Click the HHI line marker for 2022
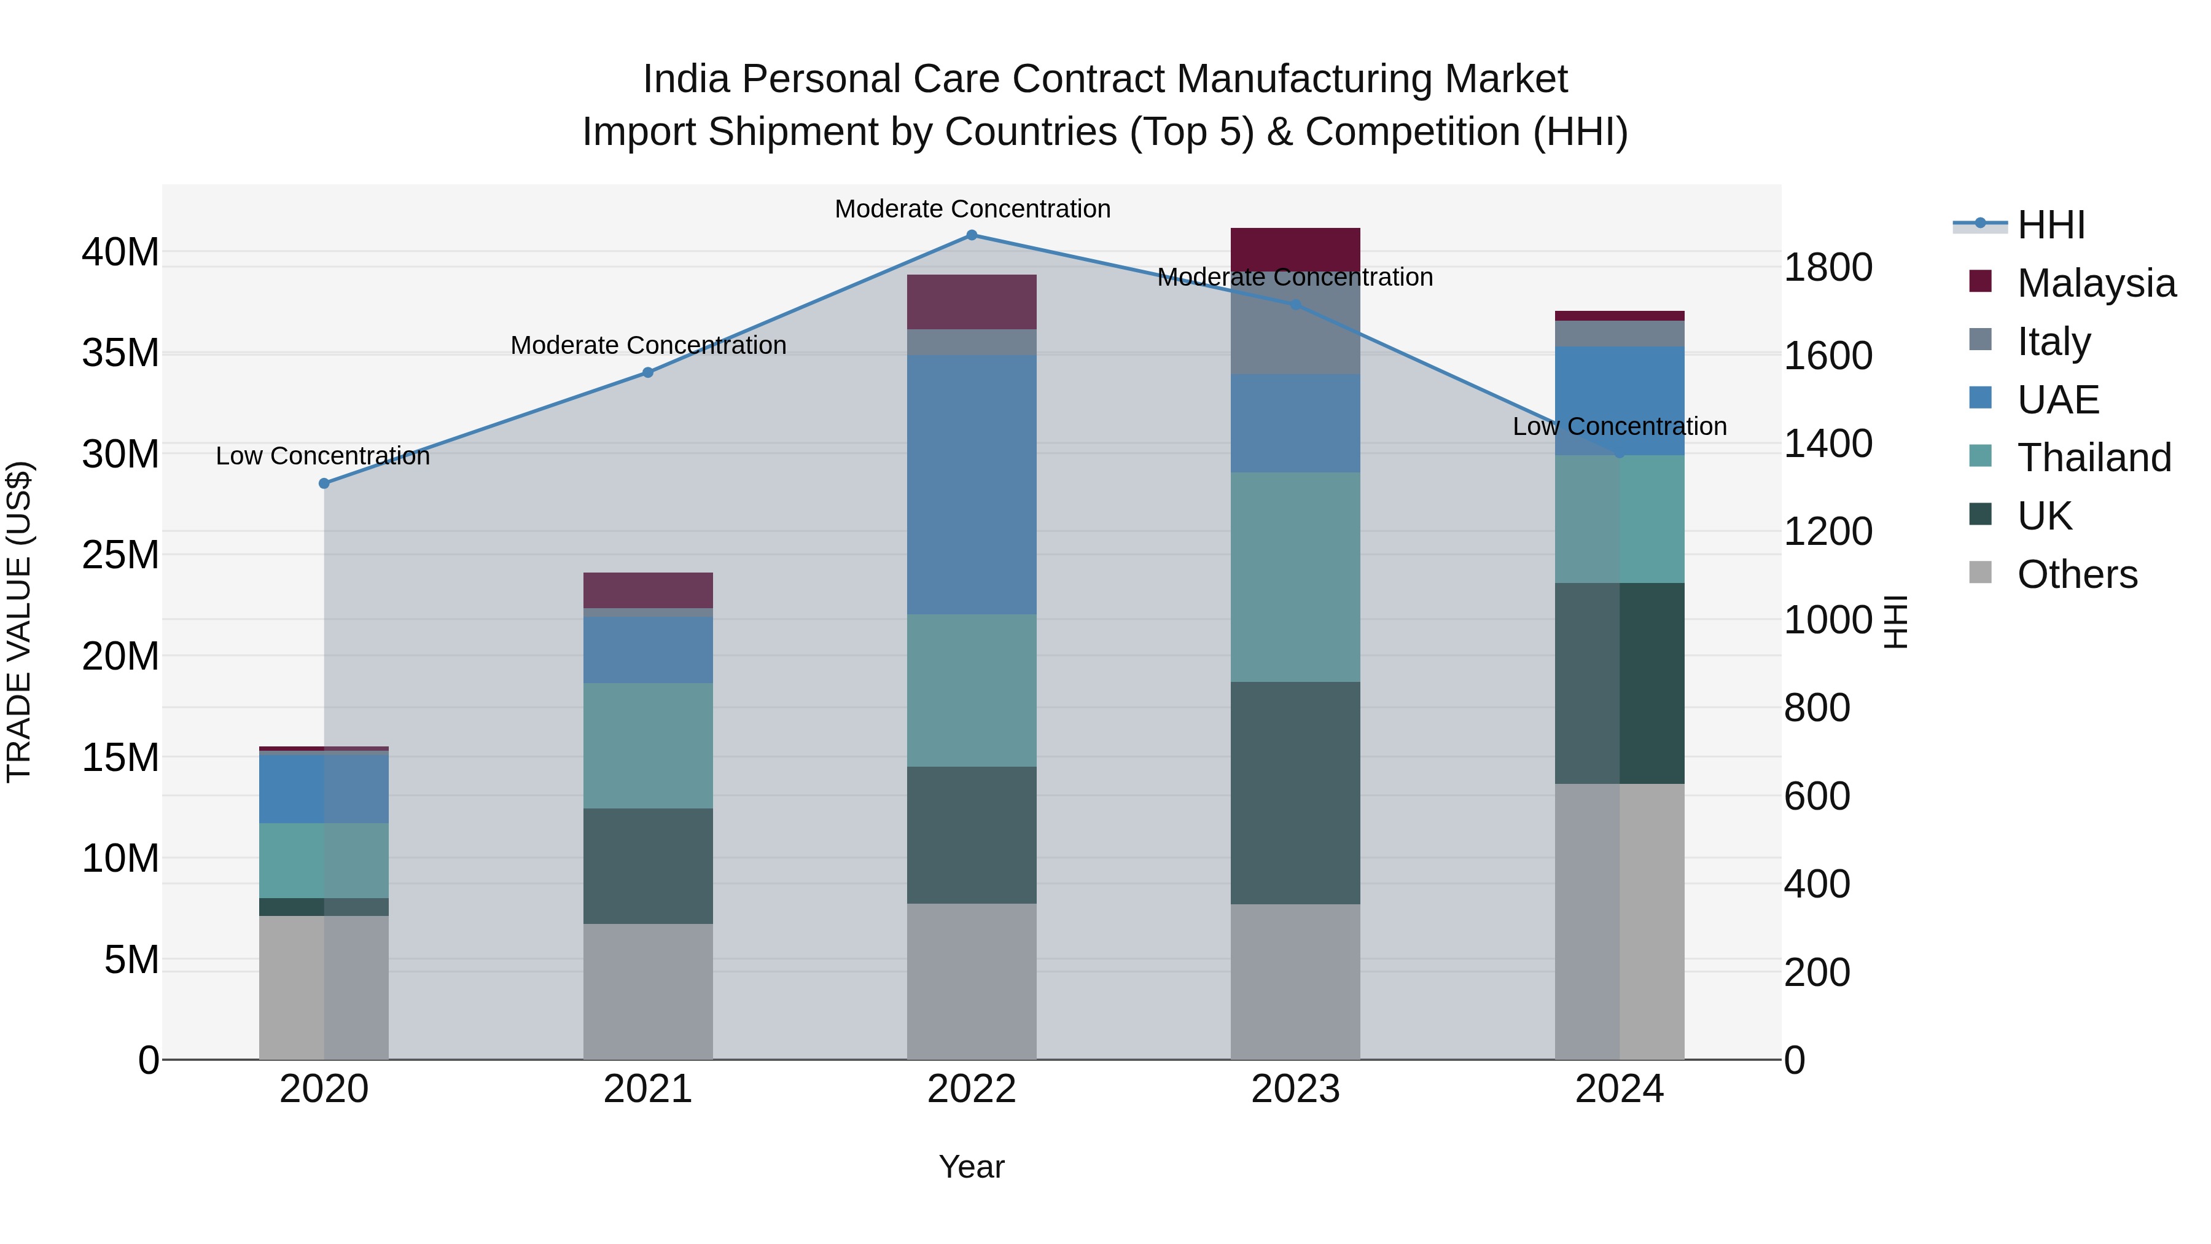[x=972, y=235]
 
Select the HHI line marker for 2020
[x=324, y=483]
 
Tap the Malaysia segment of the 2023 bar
[x=1295, y=249]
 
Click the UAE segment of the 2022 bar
[x=972, y=485]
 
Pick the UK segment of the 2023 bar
[x=1295, y=792]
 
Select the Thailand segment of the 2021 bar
[x=648, y=745]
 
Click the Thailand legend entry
[x=2094, y=458]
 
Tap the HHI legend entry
[x=2051, y=225]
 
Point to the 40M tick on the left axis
[x=120, y=252]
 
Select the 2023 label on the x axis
[x=1295, y=1089]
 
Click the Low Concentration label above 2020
[x=322, y=456]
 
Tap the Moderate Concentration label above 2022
[x=972, y=209]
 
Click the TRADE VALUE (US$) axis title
[x=19, y=622]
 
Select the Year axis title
[x=972, y=1167]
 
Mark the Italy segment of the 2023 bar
[x=1295, y=324]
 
